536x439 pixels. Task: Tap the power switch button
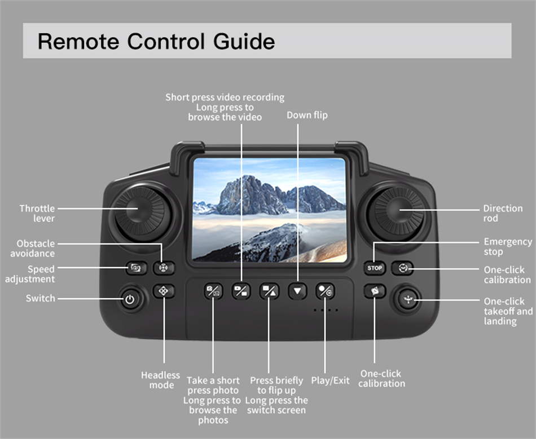click(130, 299)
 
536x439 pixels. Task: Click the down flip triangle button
click(297, 291)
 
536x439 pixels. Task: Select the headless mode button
click(164, 291)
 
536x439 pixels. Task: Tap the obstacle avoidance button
click(164, 268)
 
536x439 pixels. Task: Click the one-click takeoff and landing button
click(408, 300)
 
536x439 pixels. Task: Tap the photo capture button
click(213, 291)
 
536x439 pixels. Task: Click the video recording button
click(241, 291)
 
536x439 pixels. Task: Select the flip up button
click(269, 291)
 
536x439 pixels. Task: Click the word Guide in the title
click(244, 42)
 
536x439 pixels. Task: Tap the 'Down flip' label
click(307, 115)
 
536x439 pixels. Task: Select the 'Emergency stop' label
click(508, 247)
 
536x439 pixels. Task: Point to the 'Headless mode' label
click(160, 380)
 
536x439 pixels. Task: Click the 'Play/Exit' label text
click(330, 380)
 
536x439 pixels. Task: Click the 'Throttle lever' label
click(37, 214)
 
